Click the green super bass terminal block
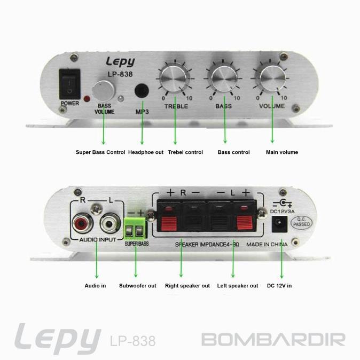tap(136, 228)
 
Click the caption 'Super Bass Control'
tap(100, 152)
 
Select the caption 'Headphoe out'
tap(146, 152)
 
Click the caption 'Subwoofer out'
tap(138, 286)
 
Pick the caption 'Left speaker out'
tap(238, 286)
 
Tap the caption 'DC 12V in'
tap(279, 286)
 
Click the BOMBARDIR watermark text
tap(273, 339)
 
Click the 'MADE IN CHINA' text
tap(267, 244)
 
